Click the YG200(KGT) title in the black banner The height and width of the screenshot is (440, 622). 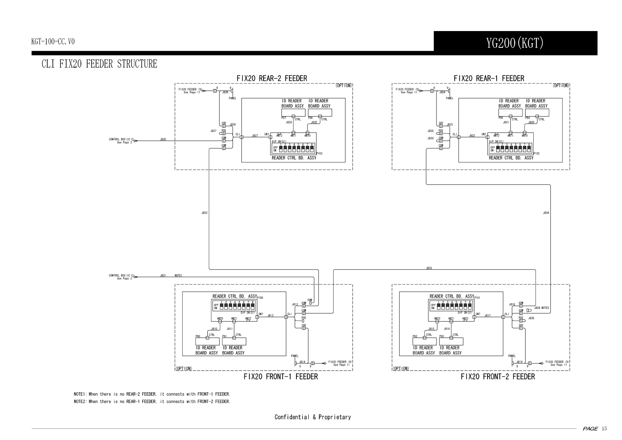514,44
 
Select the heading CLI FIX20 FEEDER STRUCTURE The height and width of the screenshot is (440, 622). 99,64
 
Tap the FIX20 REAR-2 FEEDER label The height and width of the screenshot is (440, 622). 272,78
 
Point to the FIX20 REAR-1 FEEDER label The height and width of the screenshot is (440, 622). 489,78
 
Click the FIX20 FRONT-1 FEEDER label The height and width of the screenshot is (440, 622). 281,377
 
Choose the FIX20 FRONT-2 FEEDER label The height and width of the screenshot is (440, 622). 497,377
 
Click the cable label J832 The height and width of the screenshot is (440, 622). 204,213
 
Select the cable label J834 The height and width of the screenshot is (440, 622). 546,213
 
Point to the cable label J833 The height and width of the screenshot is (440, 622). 429,268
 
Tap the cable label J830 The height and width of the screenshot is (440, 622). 163,139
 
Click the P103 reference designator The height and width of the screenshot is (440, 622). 320,153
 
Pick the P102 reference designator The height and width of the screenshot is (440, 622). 537,153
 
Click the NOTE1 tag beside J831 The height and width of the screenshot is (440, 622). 179,275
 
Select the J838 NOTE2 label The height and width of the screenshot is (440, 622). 542,308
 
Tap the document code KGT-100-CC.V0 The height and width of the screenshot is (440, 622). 53,42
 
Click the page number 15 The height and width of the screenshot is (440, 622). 604,429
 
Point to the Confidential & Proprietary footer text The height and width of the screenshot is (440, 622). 312,417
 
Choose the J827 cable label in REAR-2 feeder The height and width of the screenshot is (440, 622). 255,136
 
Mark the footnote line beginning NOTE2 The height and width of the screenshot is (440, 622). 152,402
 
